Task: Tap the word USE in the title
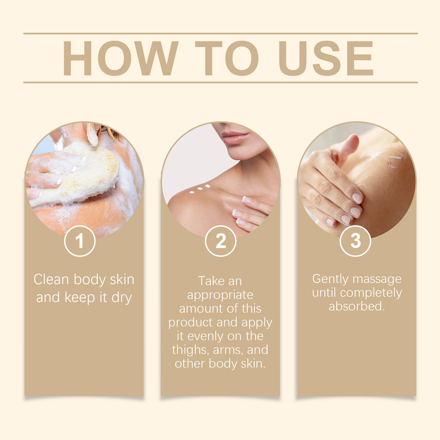[325, 58]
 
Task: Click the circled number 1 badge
[80, 241]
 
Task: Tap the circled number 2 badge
[220, 241]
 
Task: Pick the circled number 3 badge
[355, 241]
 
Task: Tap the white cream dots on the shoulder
[199, 188]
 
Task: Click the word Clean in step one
[51, 279]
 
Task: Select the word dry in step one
[121, 298]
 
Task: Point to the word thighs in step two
[190, 350]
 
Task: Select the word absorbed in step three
[356, 307]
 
